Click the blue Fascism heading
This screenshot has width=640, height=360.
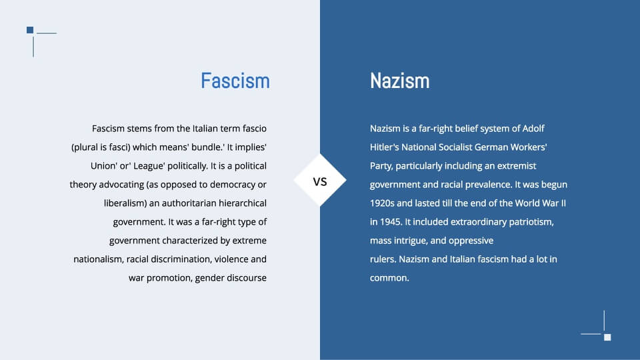tap(235, 81)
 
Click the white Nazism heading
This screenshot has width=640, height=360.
tap(399, 81)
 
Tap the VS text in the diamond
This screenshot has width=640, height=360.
tap(320, 181)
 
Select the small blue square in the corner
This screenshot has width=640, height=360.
tap(30, 30)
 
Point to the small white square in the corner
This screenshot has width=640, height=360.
tap(607, 337)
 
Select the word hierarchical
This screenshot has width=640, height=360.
tap(243, 203)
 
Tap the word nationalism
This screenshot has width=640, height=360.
tap(98, 259)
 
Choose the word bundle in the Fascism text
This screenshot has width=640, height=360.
tap(206, 147)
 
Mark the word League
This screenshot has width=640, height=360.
tap(149, 166)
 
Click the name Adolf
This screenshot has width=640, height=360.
tap(533, 129)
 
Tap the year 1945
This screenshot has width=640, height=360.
tap(391, 221)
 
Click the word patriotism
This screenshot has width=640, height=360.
tap(531, 222)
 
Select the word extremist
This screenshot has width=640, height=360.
tap(516, 166)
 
